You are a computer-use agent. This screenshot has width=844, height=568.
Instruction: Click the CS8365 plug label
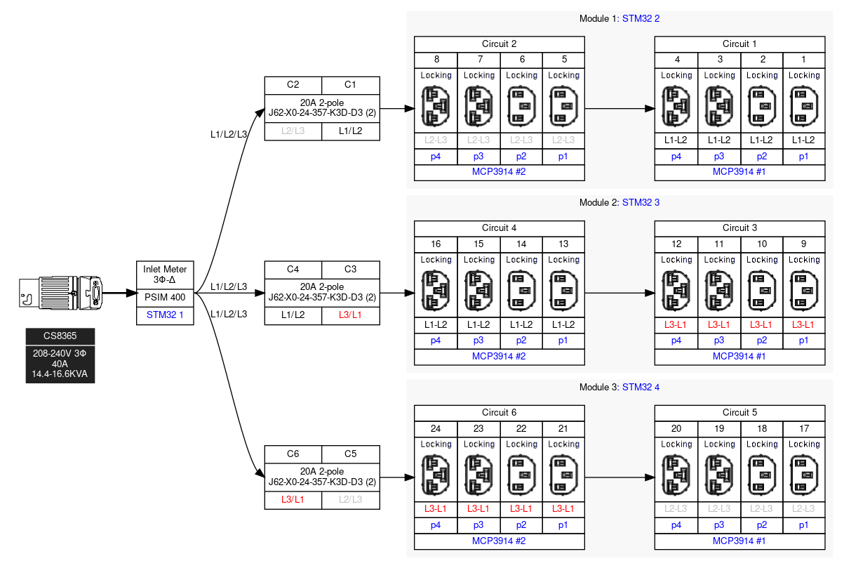click(x=60, y=336)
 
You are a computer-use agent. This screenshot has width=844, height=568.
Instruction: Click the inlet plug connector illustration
click(x=62, y=293)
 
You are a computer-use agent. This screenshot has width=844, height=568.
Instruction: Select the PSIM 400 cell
click(x=165, y=297)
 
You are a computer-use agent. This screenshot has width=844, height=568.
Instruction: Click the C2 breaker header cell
click(x=293, y=85)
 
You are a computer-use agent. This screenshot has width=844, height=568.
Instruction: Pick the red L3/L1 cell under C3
click(x=350, y=315)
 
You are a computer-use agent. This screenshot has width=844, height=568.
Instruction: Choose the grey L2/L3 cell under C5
click(x=350, y=500)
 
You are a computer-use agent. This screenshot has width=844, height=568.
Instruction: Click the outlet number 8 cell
click(x=436, y=60)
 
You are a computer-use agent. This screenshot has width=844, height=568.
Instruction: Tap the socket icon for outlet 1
click(x=803, y=105)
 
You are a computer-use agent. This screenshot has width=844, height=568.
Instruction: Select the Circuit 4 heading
click(x=500, y=228)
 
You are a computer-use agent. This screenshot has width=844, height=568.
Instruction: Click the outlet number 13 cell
click(x=563, y=244)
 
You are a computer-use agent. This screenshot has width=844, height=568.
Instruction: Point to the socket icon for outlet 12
click(x=676, y=289)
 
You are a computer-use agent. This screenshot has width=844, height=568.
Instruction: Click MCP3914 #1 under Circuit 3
click(x=739, y=356)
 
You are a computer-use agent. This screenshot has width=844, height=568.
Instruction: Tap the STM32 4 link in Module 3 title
click(x=641, y=387)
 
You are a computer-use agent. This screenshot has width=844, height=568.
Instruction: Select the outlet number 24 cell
click(x=436, y=428)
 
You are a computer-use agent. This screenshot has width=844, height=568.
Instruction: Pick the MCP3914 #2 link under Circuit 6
click(x=500, y=541)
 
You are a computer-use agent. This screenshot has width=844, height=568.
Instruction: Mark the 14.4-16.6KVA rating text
click(x=60, y=374)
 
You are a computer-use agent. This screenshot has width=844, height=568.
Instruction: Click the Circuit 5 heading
click(x=739, y=413)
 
